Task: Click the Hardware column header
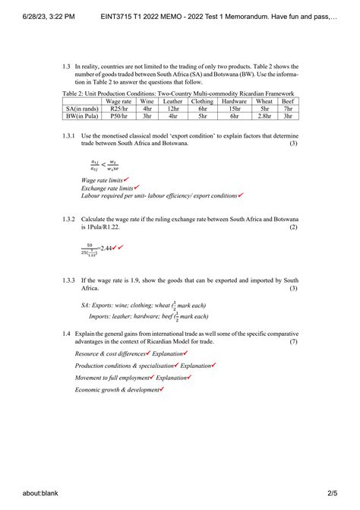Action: click(233, 100)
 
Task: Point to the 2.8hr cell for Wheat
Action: click(264, 117)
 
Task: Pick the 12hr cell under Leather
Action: click(172, 109)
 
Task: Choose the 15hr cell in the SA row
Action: click(233, 109)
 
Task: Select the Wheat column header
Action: click(264, 100)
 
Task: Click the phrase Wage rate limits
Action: click(101, 179)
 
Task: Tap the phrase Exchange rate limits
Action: click(107, 187)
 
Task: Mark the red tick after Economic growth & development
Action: click(162, 390)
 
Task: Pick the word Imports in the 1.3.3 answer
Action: click(101, 315)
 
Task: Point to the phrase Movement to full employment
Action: click(112, 378)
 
